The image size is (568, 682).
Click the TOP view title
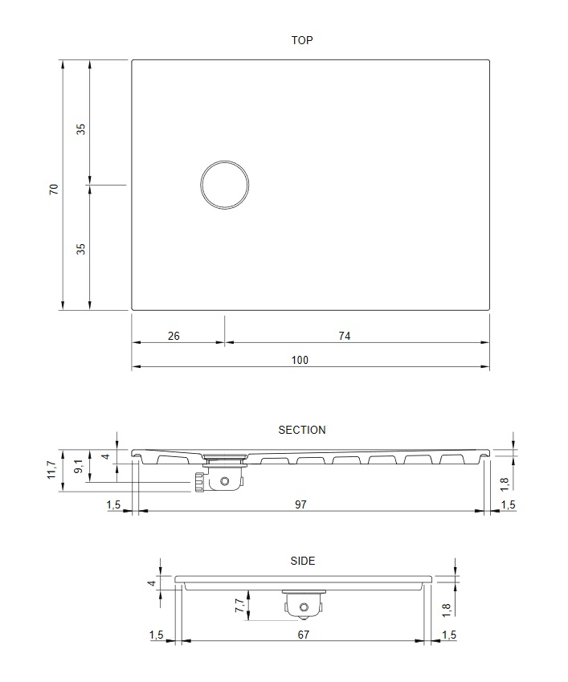tap(302, 40)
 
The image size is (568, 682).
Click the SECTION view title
tap(302, 430)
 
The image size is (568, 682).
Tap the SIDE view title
tap(303, 561)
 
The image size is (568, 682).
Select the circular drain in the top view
tap(225, 185)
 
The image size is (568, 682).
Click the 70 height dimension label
tap(54, 190)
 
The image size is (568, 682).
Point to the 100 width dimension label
tap(300, 360)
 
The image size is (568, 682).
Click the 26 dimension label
tap(174, 337)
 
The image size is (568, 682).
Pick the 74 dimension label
tap(345, 337)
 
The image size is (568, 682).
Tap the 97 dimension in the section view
tap(300, 504)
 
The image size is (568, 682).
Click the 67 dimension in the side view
tap(304, 635)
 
